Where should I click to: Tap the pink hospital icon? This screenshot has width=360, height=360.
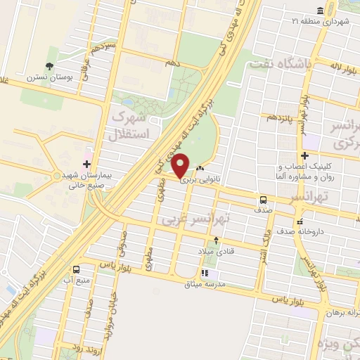pyautogui.click(x=87, y=154)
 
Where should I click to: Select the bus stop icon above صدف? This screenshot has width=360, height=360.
pyautogui.click(x=262, y=199)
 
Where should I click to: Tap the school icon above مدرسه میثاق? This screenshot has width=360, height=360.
pyautogui.click(x=204, y=273)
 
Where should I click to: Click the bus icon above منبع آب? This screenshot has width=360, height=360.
pyautogui.click(x=76, y=269)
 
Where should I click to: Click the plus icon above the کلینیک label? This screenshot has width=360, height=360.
pyautogui.click(x=304, y=155)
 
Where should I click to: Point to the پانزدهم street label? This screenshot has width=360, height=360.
pyautogui.click(x=279, y=117)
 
